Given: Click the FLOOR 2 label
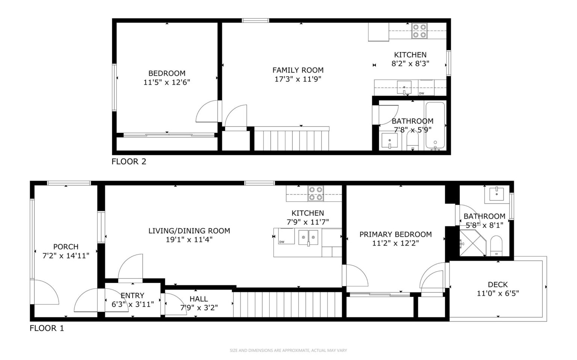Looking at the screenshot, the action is coord(129,161).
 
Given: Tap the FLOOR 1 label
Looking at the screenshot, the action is coord(47,328).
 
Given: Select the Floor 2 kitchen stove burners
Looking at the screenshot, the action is coord(419,31).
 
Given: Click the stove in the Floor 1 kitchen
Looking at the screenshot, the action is coord(316,193).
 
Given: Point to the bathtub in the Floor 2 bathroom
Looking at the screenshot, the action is coord(435,126).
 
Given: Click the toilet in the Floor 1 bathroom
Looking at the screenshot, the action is coord(496,246).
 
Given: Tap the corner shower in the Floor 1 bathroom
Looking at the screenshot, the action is coord(473,243).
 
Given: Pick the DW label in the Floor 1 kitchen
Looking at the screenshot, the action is coord(282,242).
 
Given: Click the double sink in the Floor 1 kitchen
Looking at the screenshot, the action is coord(308,238).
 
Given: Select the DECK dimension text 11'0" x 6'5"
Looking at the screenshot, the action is coord(498,293).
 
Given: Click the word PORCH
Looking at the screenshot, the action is coord(66,247).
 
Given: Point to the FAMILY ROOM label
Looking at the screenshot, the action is coord(298,70).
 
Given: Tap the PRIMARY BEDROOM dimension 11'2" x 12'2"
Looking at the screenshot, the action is coord(396,243).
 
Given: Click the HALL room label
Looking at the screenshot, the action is coord(199,299).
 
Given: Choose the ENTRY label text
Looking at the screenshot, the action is coord(132,295).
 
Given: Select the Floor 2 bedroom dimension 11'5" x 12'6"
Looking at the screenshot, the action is coord(167,82).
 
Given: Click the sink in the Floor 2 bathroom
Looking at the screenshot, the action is coord(390,140).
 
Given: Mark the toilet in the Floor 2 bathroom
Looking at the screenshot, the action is coord(413,140).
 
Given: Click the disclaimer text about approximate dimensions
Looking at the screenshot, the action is coord(288,351).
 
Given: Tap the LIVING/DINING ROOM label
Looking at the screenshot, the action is coord(189,231).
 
